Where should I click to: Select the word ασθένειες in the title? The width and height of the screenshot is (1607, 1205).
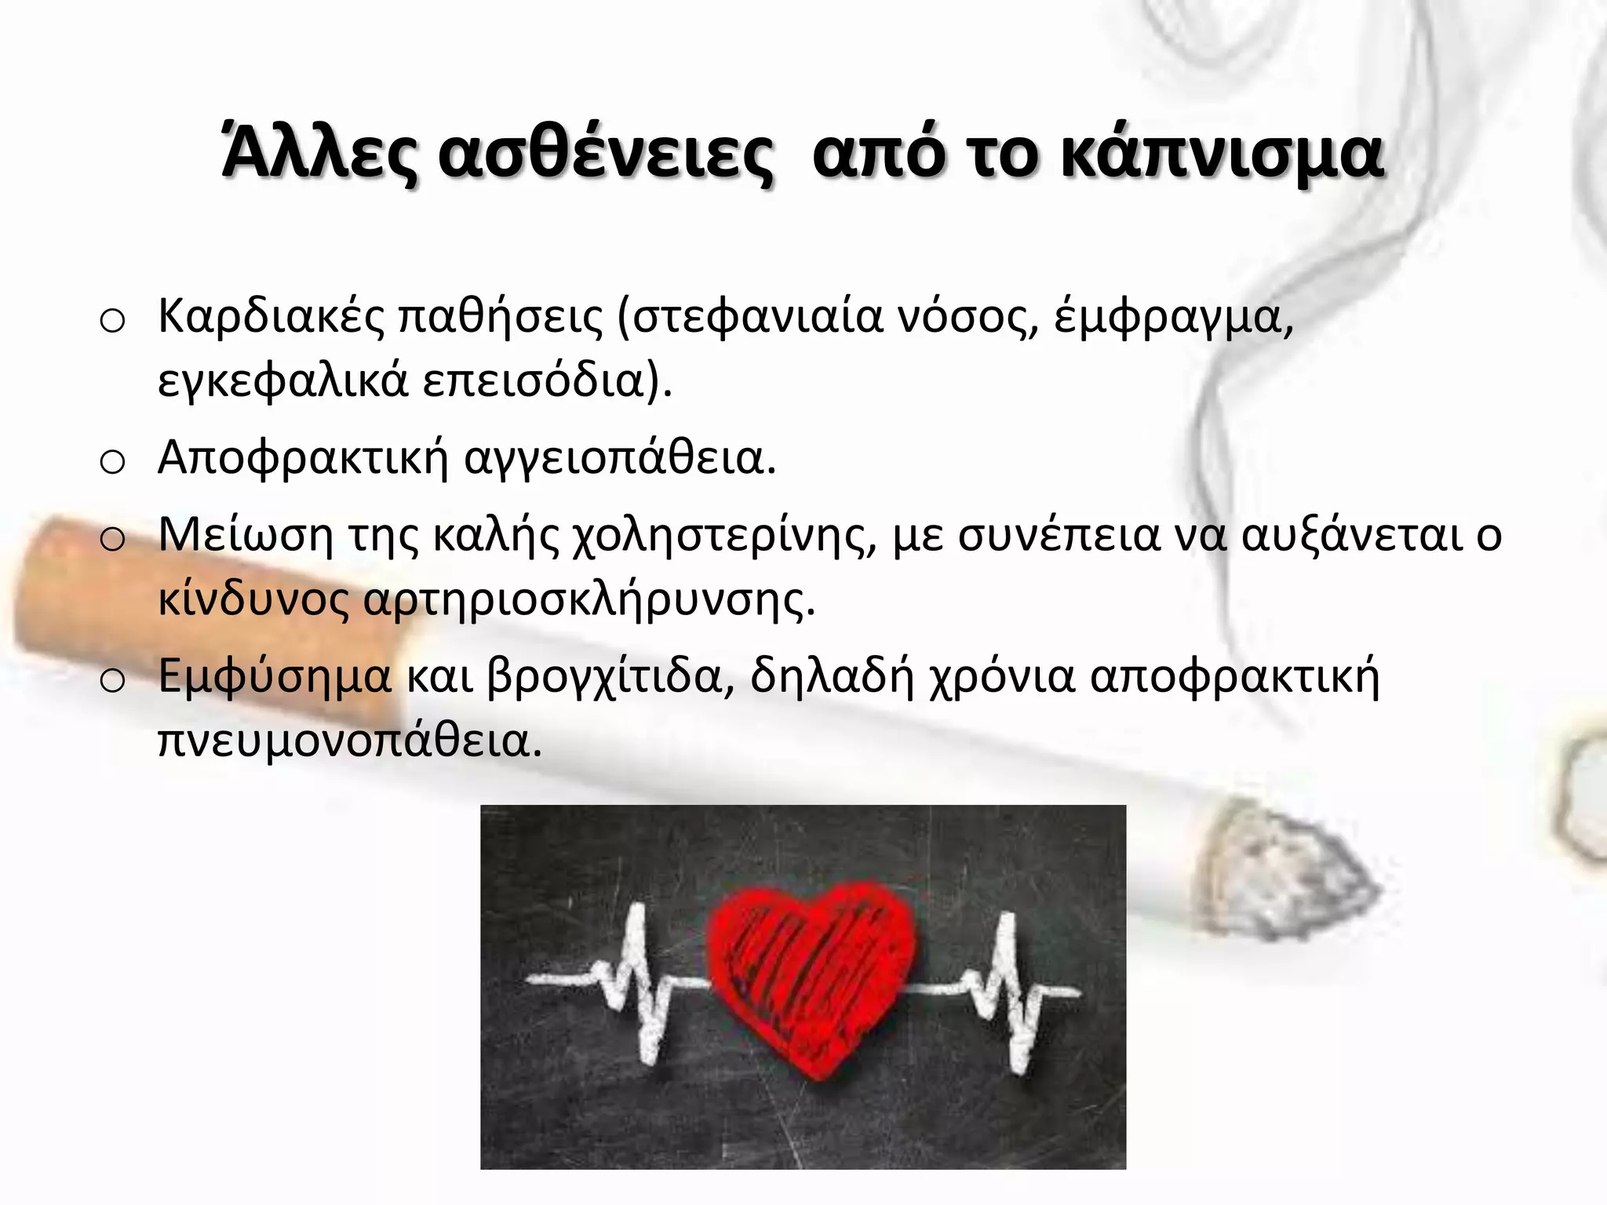coord(605,154)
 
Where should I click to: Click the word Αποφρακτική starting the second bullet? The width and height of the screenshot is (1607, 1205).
coord(302,457)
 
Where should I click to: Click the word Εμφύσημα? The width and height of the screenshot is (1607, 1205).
coord(274,676)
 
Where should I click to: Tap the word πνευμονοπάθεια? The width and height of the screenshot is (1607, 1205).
coord(350,741)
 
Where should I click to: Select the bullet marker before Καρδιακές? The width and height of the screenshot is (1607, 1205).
coord(113,322)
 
